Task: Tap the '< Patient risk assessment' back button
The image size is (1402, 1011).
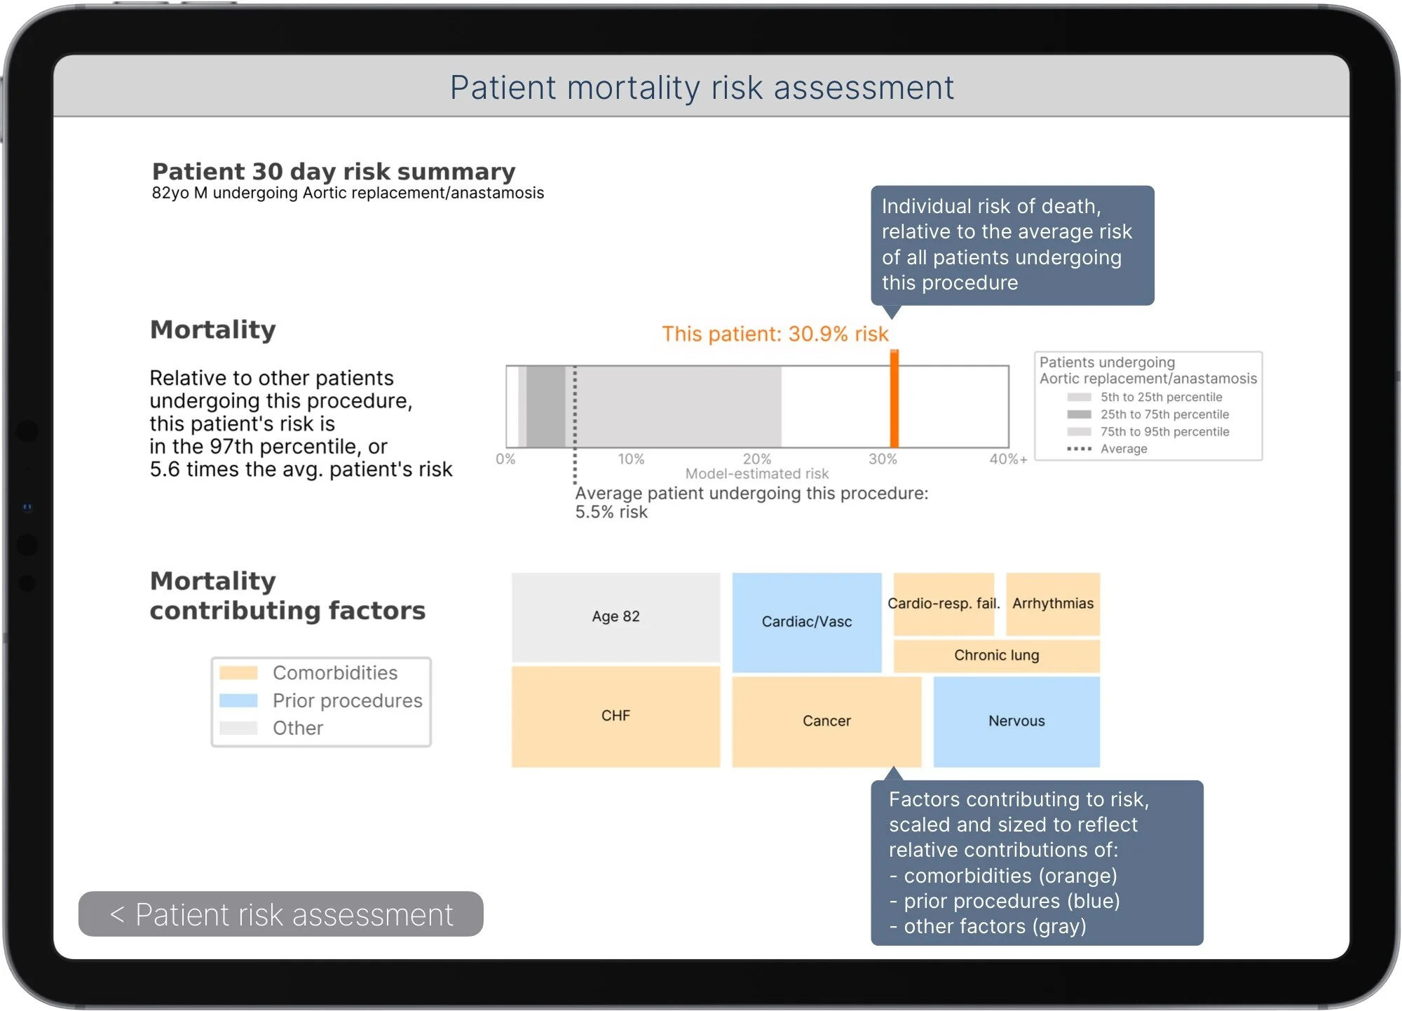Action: [280, 914]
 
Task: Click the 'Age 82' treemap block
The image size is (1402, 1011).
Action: [615, 617]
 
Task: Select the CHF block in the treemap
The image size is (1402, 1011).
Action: [615, 716]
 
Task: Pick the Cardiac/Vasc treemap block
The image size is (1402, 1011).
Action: [806, 622]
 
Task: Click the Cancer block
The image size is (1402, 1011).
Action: [826, 721]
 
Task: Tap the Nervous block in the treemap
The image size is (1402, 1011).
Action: [1016, 721]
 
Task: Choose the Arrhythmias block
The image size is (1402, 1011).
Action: [1052, 604]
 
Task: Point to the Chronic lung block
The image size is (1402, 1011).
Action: [996, 655]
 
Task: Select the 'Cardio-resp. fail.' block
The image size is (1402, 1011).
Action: [944, 604]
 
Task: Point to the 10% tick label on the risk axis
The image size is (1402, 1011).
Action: [631, 459]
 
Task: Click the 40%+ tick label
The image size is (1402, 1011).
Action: [1008, 459]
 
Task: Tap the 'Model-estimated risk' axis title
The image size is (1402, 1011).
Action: [756, 474]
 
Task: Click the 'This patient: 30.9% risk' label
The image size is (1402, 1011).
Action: [775, 334]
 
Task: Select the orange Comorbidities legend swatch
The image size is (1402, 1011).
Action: [238, 673]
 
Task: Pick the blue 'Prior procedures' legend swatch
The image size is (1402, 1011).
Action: [238, 700]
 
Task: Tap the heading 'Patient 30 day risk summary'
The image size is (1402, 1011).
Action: [334, 172]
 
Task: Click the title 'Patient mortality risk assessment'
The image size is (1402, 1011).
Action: [701, 88]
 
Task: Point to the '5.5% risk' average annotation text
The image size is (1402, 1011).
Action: [611, 513]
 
